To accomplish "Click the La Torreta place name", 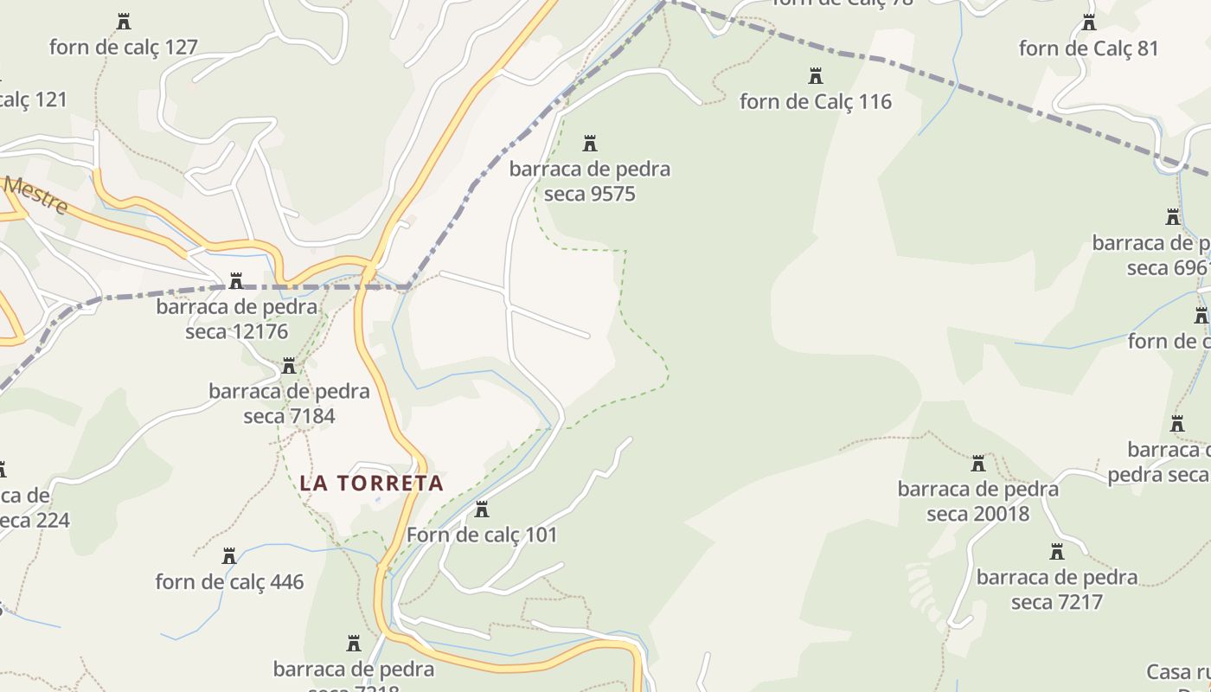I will coord(371,483).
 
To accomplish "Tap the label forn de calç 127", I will coord(124,47).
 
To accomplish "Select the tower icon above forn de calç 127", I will coord(124,22).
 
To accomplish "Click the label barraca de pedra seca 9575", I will coord(590,181).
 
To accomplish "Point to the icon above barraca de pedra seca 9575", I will coord(590,144).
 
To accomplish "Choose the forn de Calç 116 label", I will coord(815,102).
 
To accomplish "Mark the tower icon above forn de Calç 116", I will coord(815,77).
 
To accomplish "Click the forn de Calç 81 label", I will coord(1088,48).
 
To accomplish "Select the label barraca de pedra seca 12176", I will coord(236,319).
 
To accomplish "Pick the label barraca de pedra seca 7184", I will coord(289,403).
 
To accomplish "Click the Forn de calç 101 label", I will coord(482,535).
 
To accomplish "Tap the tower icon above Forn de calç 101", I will coord(482,509).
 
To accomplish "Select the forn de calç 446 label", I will coord(229,581).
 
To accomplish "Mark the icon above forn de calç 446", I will coord(229,556).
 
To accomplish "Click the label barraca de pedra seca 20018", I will coord(977,501).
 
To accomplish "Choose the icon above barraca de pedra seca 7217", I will coord(1056,552).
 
